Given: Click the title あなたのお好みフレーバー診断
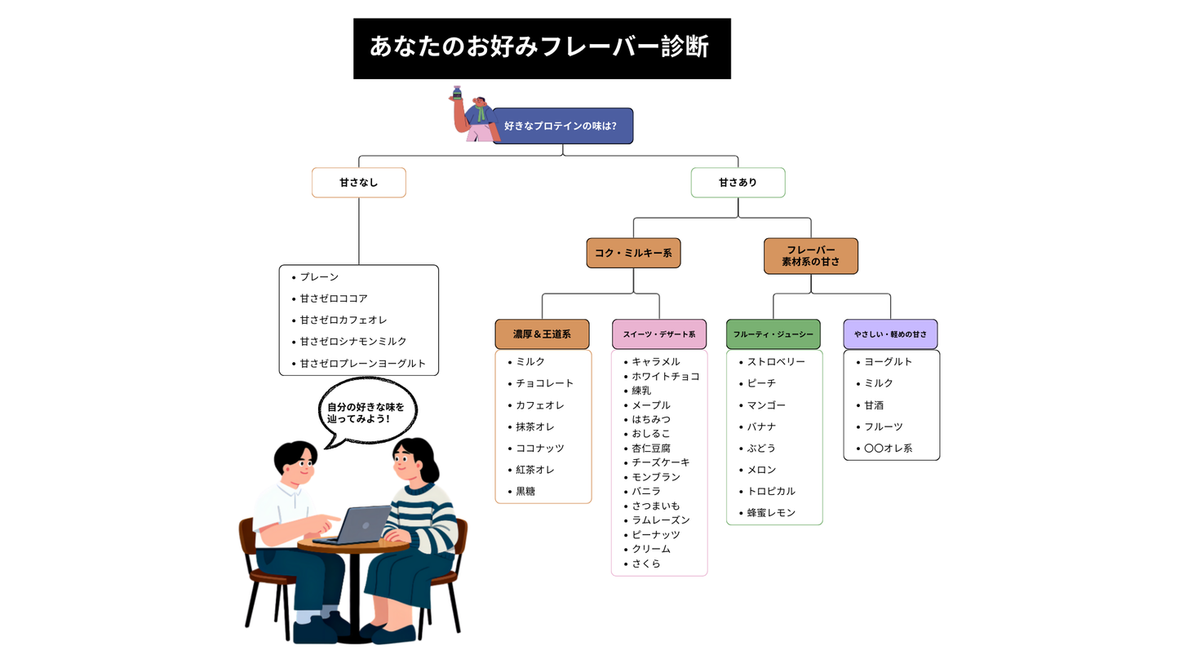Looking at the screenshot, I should (541, 48).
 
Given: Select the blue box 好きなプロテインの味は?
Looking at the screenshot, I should (562, 126).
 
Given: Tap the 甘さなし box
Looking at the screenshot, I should (358, 183).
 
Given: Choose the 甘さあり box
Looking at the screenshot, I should (738, 183).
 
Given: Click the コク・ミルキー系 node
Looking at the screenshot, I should (633, 253).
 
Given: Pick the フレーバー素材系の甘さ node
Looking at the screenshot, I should (810, 255).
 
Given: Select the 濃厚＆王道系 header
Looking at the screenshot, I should (542, 334).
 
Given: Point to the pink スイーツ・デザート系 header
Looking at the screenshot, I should (658, 334).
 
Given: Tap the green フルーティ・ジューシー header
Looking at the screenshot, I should (773, 334).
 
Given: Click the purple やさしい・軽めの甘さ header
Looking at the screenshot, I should (890, 334).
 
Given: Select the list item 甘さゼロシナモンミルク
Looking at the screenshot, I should (352, 342).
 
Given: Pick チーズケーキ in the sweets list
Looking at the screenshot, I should (660, 462).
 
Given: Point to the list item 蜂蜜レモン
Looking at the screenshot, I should (771, 513).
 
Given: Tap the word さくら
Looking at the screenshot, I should (646, 564).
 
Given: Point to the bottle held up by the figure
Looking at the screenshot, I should (458, 94).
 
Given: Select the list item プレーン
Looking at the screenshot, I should (318, 277).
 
